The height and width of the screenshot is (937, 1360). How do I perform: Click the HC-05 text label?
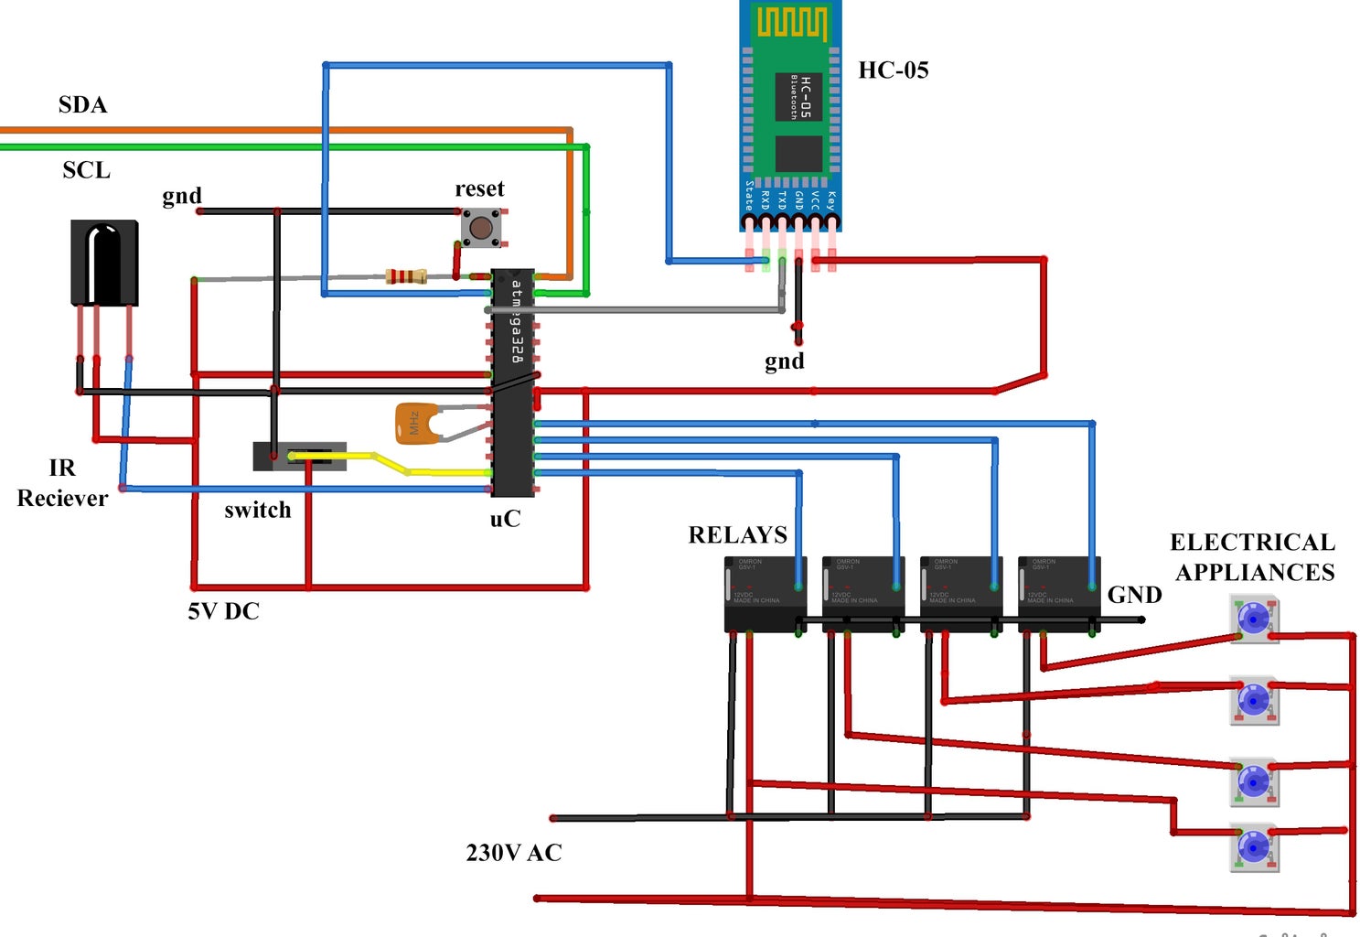893,70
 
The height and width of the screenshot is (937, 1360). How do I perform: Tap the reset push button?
481,228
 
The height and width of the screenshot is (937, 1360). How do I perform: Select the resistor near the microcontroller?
406,275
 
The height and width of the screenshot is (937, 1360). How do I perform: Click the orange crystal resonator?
413,424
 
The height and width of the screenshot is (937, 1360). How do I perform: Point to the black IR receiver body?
104,263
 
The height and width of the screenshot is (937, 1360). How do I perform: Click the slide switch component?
300,456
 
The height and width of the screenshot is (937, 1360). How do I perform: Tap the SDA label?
82,105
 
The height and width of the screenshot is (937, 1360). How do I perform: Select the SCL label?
86,170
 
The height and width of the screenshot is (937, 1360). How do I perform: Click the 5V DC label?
223,611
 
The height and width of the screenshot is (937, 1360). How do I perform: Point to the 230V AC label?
513,853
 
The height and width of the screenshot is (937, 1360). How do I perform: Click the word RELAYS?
737,535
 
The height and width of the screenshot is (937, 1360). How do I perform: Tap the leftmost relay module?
765,594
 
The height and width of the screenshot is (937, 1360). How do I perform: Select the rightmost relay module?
1058,594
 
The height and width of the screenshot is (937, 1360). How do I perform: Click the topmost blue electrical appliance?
1253,619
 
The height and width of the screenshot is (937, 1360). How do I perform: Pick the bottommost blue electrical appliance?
1253,847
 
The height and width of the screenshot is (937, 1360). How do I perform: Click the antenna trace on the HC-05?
791,23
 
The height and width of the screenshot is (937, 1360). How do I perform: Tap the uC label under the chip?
505,519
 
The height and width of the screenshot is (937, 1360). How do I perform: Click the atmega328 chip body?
513,384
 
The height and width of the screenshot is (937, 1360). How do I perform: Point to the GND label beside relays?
1134,595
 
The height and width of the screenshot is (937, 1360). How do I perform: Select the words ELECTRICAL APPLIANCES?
1253,557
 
